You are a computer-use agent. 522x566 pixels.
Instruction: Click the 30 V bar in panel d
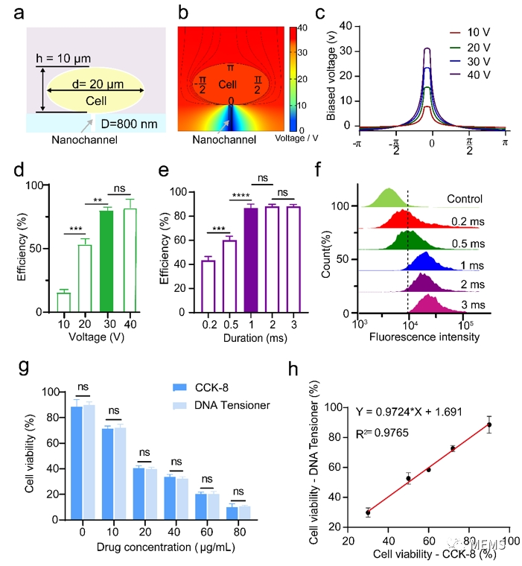(106, 260)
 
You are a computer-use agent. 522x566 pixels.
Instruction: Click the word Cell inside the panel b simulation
(227, 86)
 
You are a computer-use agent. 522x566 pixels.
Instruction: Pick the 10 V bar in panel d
(64, 302)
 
